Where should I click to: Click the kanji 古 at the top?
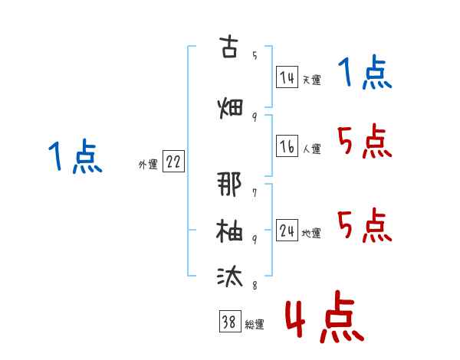pyautogui.click(x=228, y=46)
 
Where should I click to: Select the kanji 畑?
pyautogui.click(x=230, y=108)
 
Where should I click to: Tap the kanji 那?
pyautogui.click(x=229, y=184)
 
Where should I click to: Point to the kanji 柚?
pyautogui.click(x=229, y=231)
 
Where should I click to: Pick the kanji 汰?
pyautogui.click(x=230, y=277)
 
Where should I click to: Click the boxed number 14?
pyautogui.click(x=287, y=77)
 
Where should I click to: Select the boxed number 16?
pyautogui.click(x=287, y=146)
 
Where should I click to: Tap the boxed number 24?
pyautogui.click(x=287, y=231)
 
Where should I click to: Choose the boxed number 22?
pyautogui.click(x=173, y=162)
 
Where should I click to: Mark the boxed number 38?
pyautogui.click(x=230, y=321)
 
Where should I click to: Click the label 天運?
pyautogui.click(x=312, y=80)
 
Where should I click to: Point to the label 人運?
pyautogui.click(x=312, y=149)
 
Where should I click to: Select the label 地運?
pyautogui.click(x=311, y=233)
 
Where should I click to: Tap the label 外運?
pyautogui.click(x=148, y=165)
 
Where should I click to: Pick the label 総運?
pyautogui.click(x=255, y=324)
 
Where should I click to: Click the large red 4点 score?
pyautogui.click(x=324, y=316)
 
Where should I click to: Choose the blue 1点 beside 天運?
pyautogui.click(x=365, y=72)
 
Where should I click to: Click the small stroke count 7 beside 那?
pyautogui.click(x=255, y=193)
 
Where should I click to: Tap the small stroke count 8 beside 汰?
pyautogui.click(x=255, y=285)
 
